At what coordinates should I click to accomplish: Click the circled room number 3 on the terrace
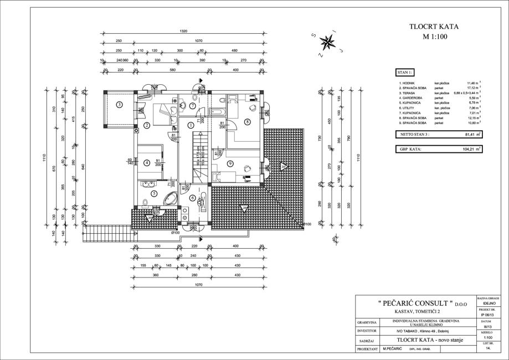tap(119, 104)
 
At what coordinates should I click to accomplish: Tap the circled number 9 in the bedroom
tap(229, 163)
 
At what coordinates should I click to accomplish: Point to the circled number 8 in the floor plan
tap(247, 121)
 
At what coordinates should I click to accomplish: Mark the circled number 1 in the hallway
tap(191, 125)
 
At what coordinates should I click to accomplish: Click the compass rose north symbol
tap(328, 41)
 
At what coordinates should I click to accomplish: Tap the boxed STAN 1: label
tap(405, 72)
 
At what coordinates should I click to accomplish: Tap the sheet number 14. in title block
tap(488, 349)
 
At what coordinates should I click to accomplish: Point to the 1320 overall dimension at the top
tap(183, 31)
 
